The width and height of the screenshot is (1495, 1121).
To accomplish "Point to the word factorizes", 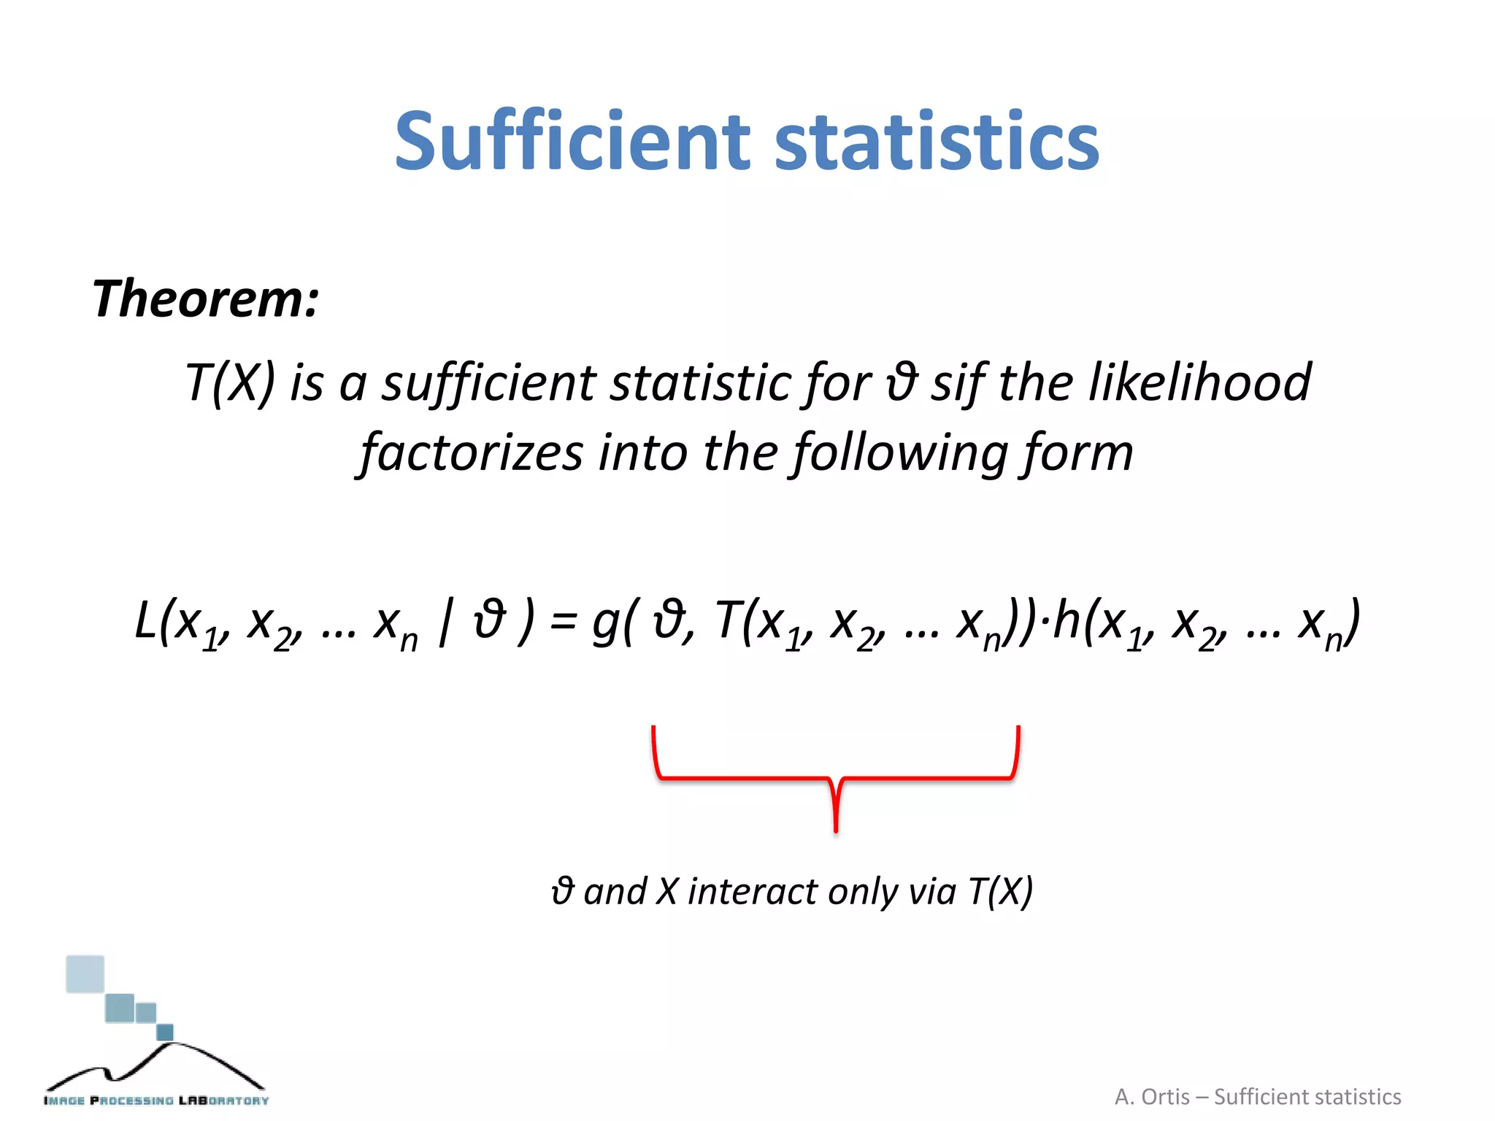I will coord(472,452).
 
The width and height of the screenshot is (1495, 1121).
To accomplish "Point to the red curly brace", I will coord(836,778).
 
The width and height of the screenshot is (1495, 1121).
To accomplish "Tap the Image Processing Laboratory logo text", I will coord(156,1100).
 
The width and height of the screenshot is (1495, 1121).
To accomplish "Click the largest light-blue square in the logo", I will coord(85,974).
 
